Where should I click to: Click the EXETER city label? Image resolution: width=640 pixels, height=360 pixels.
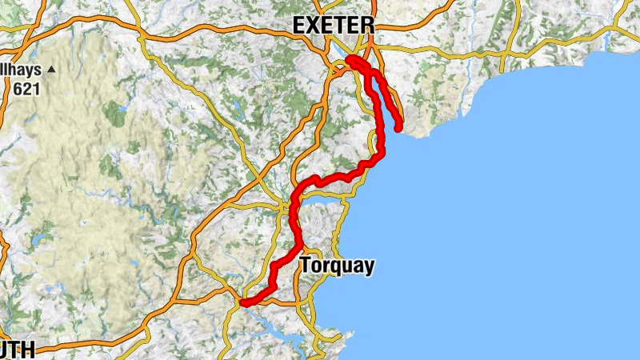tap(333, 25)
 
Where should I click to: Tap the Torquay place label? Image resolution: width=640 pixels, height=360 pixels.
tap(337, 266)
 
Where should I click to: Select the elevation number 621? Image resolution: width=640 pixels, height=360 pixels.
tap(26, 89)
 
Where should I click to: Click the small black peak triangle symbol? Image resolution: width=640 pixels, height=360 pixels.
tap(52, 70)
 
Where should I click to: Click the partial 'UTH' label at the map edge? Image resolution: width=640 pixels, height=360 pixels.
tap(18, 350)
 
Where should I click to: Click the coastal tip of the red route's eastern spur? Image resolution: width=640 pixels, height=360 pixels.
tap(398, 128)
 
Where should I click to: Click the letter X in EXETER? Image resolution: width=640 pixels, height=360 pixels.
tap(314, 25)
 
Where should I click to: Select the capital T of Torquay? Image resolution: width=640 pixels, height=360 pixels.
tap(306, 266)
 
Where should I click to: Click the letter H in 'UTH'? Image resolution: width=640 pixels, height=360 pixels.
tap(29, 350)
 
